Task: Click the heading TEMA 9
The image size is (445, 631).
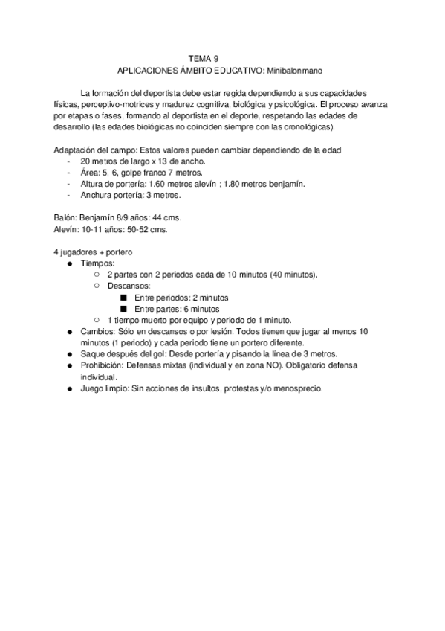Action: point(203,57)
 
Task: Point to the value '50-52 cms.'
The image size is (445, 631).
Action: point(147,230)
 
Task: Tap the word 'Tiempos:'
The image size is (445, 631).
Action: point(97,264)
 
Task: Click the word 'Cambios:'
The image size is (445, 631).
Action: point(98,331)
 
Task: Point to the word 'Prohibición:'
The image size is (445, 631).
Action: point(103,366)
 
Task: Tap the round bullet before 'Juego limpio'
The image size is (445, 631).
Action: point(69,389)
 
